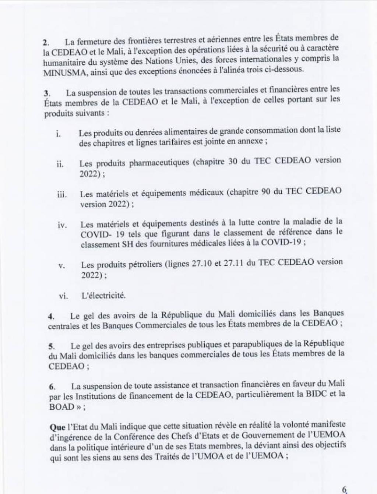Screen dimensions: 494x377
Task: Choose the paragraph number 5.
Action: click(52, 346)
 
